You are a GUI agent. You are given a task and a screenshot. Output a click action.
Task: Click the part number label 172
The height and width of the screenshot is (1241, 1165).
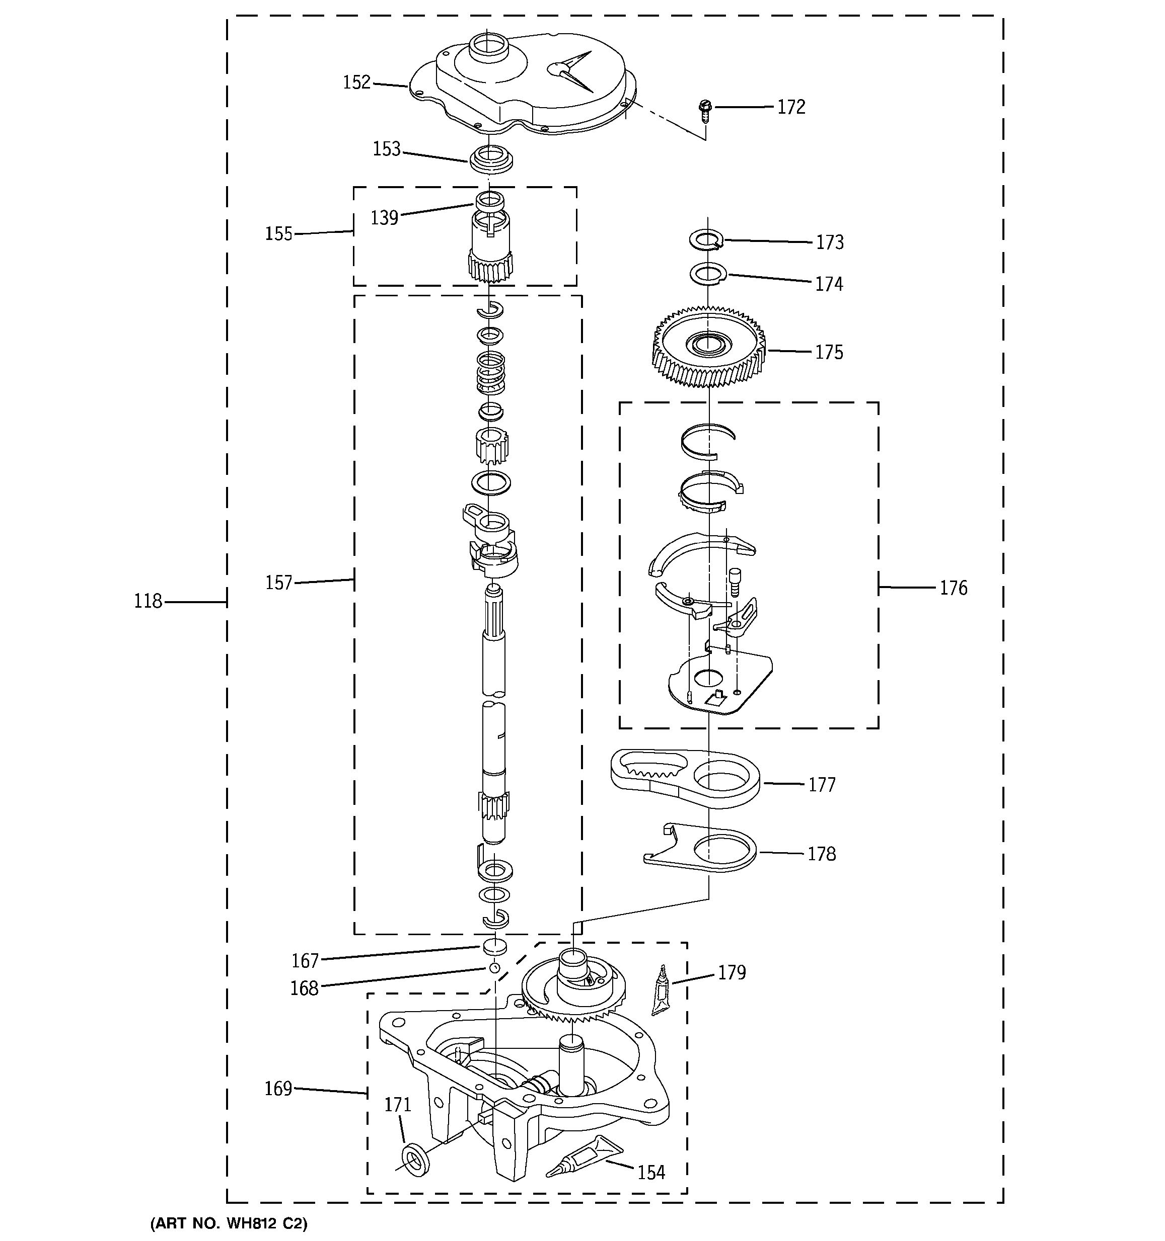(791, 107)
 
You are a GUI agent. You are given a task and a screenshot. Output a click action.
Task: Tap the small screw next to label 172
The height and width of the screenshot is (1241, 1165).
(705, 109)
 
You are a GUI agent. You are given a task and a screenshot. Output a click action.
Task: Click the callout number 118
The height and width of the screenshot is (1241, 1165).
(148, 601)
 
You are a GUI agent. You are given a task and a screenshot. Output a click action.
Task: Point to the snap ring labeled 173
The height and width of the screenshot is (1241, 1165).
(706, 239)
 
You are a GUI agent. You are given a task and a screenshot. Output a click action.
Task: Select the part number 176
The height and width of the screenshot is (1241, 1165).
(953, 588)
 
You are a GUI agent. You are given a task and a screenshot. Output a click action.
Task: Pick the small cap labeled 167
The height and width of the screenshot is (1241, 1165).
(493, 946)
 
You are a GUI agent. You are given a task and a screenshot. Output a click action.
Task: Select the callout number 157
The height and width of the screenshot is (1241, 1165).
(278, 583)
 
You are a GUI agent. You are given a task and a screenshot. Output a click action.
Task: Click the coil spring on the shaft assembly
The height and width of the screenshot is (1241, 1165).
(491, 373)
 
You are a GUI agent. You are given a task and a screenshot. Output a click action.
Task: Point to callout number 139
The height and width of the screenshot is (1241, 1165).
(384, 218)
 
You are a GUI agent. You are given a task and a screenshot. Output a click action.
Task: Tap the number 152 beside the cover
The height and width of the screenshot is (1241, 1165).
(356, 82)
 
